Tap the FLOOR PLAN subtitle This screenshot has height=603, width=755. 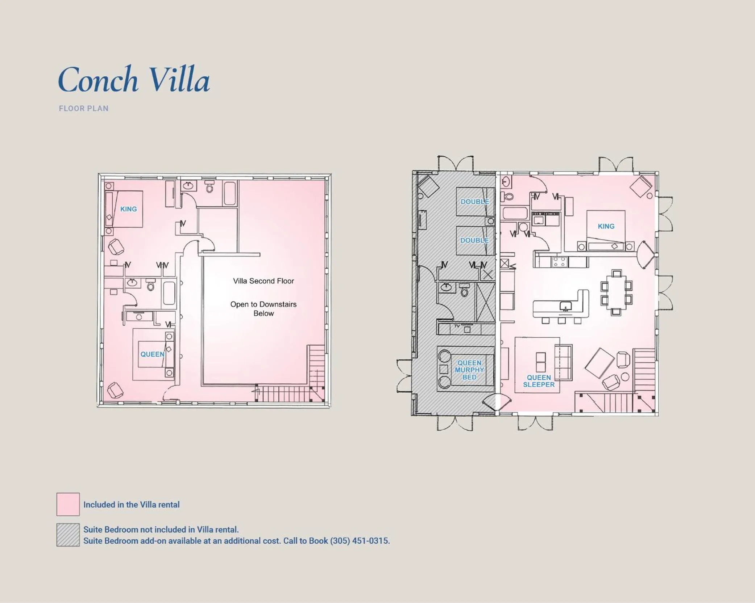pos(83,109)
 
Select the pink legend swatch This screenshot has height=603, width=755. pos(68,504)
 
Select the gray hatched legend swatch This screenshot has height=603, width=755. pos(68,535)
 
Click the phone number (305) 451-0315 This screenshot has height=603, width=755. pos(360,541)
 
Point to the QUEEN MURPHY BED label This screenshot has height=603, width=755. pos(469,370)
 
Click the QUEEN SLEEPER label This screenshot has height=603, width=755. pos(539,381)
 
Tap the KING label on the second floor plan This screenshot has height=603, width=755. pos(128,209)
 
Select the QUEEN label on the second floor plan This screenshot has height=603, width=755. pos(152,354)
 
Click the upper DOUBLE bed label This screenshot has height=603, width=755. pos(474,202)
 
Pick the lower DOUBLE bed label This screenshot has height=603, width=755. pos(474,240)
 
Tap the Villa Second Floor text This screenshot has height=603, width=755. pos(263,281)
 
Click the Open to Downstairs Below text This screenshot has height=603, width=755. pos(263,309)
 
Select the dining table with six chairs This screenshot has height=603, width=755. pos(616,292)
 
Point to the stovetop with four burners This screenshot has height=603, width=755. pos(559,261)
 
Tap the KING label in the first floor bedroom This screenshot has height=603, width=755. pos(606,226)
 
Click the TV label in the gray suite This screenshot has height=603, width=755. pos(457,326)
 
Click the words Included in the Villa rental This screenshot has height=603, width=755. pos(131,505)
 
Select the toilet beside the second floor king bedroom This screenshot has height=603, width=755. pos(209,187)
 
